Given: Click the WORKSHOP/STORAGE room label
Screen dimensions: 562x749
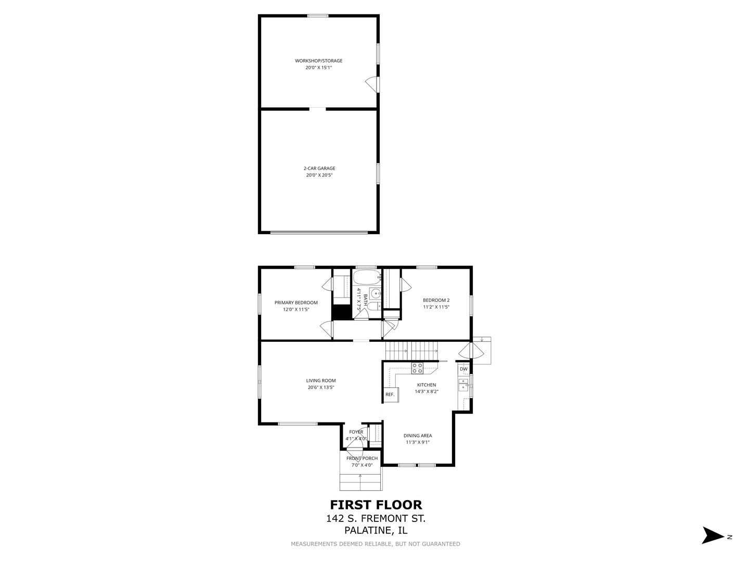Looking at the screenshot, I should [318, 61].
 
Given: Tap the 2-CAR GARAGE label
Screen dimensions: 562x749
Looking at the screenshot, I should [319, 169].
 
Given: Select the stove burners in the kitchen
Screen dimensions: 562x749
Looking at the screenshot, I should [417, 368].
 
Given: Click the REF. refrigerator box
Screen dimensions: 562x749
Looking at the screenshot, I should [390, 394].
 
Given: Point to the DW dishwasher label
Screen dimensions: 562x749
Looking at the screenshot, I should [463, 369].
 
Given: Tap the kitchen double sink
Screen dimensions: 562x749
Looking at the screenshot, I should [463, 385].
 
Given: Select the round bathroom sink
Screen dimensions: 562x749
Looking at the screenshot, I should [376, 293].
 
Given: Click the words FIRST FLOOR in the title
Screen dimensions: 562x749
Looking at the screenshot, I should [376, 505].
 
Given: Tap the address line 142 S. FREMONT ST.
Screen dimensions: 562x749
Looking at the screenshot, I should [376, 518].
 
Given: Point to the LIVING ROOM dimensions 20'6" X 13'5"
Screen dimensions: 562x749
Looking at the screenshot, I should [320, 387].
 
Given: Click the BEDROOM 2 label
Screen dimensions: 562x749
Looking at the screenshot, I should [436, 300].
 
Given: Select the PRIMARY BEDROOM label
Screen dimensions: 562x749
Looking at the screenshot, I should [296, 303].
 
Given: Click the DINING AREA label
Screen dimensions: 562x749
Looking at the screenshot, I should [418, 436].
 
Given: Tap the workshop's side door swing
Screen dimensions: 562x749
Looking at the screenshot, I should [372, 83].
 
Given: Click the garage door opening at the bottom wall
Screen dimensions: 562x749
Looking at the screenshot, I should [318, 232].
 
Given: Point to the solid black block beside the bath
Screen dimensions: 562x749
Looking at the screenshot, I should [341, 312].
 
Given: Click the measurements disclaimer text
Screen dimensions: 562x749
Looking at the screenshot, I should [375, 544].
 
